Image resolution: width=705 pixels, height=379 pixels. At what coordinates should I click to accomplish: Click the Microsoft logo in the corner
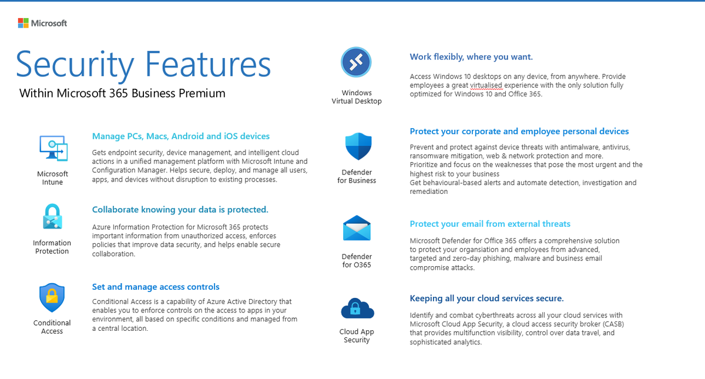(x=42, y=23)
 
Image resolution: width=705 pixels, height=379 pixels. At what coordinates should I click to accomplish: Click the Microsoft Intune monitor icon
(x=53, y=148)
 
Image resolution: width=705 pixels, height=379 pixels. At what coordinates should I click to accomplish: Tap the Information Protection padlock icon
(x=52, y=217)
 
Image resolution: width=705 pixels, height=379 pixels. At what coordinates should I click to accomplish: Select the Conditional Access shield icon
(x=52, y=298)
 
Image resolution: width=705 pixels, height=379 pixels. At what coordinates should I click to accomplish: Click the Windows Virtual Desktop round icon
(x=357, y=62)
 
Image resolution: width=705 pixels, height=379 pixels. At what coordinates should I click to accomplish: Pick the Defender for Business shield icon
(x=358, y=146)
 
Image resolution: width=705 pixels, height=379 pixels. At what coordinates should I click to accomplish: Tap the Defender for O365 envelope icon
(x=357, y=229)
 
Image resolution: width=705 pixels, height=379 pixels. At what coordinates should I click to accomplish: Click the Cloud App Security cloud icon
(x=357, y=307)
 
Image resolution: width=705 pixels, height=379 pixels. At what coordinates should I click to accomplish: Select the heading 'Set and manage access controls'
(x=156, y=287)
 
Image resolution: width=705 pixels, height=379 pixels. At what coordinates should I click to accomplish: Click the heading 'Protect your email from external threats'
(x=490, y=224)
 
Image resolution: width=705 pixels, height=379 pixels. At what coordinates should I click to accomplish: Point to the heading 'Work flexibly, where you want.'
(x=471, y=57)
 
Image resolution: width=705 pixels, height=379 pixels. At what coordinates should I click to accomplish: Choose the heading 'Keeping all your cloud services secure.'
(x=486, y=298)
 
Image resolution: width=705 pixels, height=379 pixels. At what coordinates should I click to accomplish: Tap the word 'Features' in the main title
(x=208, y=65)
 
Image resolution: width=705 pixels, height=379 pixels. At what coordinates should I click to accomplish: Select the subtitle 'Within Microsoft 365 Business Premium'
(x=122, y=93)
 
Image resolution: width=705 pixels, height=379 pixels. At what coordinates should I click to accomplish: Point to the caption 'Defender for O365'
(x=357, y=260)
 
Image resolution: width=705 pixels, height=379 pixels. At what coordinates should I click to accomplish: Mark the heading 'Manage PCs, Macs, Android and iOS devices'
(x=181, y=136)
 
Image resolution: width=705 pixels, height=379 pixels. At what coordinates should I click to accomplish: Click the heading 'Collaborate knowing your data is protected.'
(x=180, y=210)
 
